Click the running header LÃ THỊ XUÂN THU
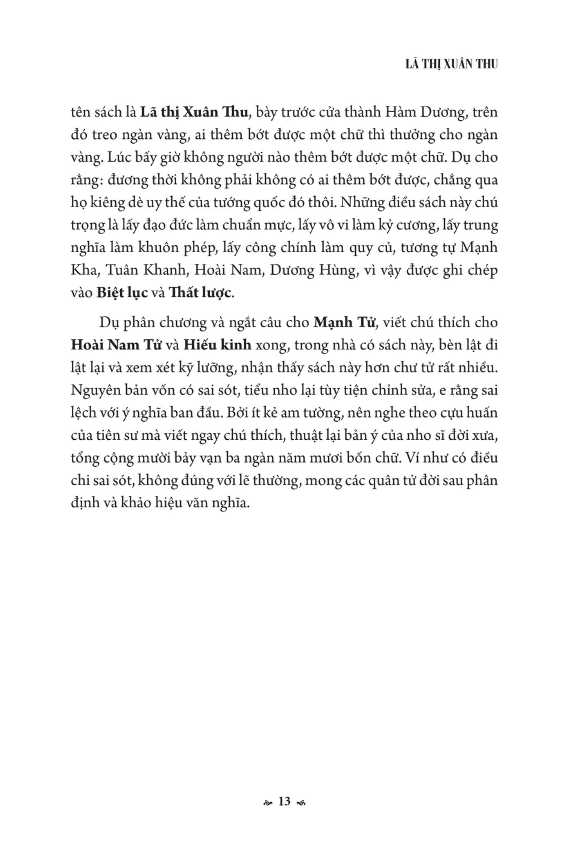[x=452, y=65]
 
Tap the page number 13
[x=284, y=801]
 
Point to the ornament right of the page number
[x=302, y=803]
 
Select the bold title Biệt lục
[x=122, y=293]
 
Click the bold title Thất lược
[x=200, y=293]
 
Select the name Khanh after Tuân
[x=155, y=270]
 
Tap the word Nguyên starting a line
[x=94, y=390]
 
